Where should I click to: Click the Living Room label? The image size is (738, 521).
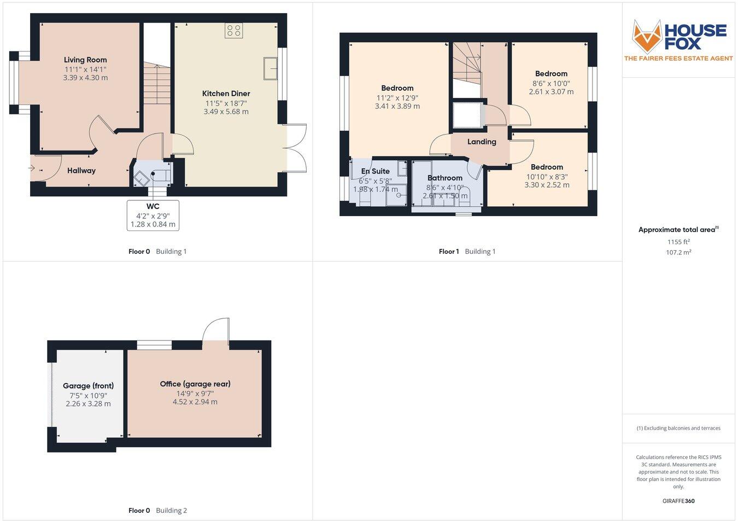click(x=85, y=60)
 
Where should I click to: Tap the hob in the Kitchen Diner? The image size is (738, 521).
click(x=233, y=31)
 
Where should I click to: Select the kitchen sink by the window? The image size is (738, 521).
click(x=271, y=68)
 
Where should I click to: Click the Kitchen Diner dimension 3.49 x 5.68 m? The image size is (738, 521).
click(x=226, y=112)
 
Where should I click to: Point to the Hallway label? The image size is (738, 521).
click(x=81, y=171)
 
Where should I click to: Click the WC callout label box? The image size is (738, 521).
click(x=153, y=215)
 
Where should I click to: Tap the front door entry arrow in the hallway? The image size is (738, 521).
click(x=34, y=168)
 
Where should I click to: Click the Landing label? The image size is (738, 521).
click(x=482, y=142)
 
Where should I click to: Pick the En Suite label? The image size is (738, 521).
click(x=376, y=171)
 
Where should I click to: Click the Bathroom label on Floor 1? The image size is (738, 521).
click(x=445, y=178)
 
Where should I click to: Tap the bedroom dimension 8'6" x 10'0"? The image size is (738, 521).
click(x=551, y=83)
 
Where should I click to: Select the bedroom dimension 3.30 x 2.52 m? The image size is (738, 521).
click(x=547, y=185)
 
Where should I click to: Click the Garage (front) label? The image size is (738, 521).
click(x=88, y=386)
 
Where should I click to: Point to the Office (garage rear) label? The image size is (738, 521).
click(x=195, y=384)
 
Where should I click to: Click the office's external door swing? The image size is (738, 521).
click(x=215, y=330)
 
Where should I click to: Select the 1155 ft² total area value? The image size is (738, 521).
click(x=678, y=241)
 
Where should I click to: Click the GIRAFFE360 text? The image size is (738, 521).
click(x=678, y=501)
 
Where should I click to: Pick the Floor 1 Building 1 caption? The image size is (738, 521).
click(x=467, y=252)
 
